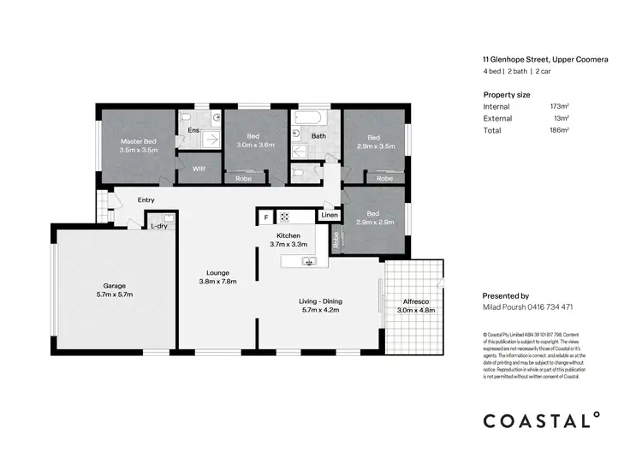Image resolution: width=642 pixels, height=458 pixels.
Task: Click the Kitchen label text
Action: click(287, 235)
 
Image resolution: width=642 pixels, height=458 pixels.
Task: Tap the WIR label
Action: click(199, 170)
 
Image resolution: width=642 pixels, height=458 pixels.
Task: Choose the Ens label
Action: click(193, 132)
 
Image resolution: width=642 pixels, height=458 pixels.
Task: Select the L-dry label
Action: click(158, 227)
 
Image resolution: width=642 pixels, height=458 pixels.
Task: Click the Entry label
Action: click(146, 200)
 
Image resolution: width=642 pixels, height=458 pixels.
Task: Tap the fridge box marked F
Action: click(265, 217)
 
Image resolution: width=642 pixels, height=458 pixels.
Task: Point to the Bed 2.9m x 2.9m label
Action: click(373, 217)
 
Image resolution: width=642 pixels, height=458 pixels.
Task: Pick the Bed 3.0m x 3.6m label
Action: click(253, 141)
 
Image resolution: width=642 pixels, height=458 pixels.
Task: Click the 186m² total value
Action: click(559, 130)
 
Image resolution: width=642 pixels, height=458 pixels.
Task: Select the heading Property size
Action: click(507, 93)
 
